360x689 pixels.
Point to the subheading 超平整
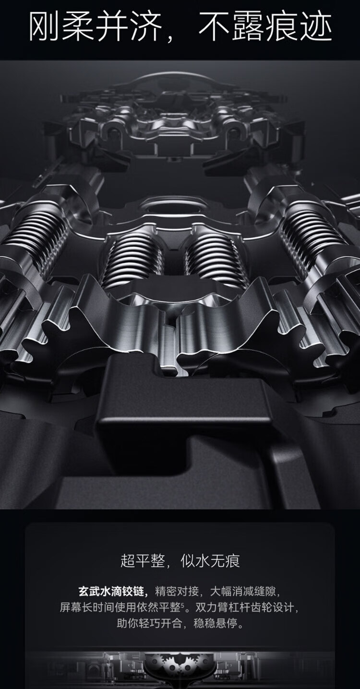pos(143,560)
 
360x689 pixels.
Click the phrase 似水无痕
pos(210,560)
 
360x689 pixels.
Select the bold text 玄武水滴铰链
pos(111,591)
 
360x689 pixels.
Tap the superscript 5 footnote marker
pos(182,604)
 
